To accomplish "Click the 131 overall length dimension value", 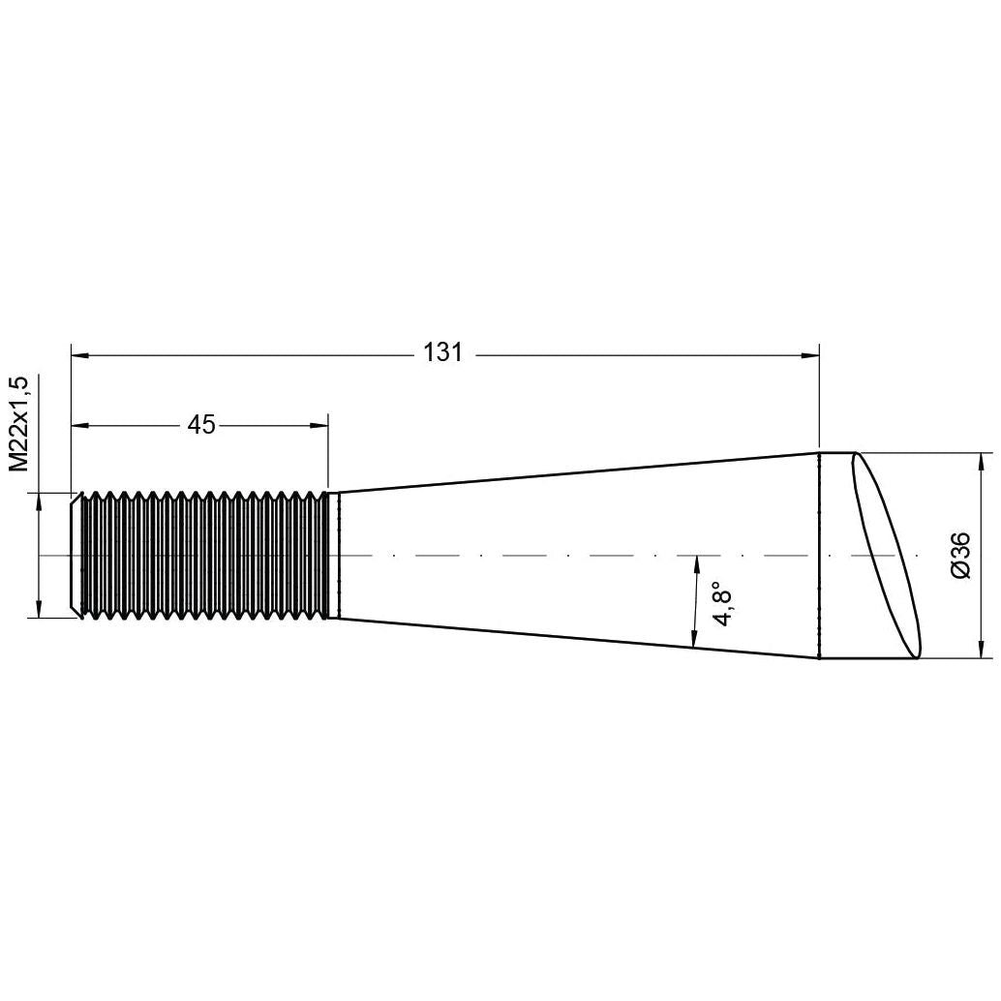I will [x=443, y=353].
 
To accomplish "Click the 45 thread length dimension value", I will [x=200, y=424].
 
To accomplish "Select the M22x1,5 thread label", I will [x=18, y=425].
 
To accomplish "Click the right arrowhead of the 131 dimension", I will [x=810, y=355].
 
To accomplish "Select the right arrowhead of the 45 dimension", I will [x=319, y=424].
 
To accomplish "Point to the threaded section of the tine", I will [x=203, y=555].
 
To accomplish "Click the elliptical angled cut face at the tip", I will [x=884, y=556].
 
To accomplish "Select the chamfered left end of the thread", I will [x=76, y=555].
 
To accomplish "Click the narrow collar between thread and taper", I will [x=335, y=555].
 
